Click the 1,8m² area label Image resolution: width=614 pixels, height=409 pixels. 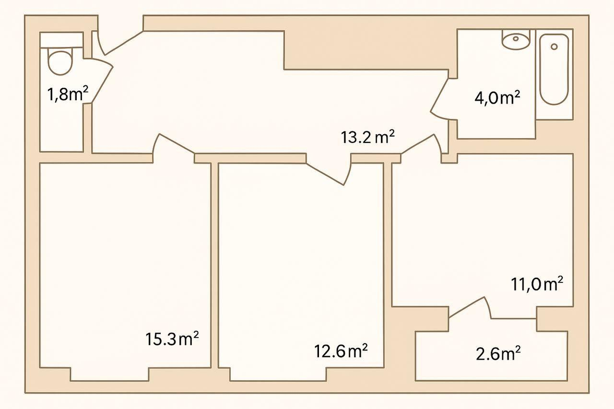(67, 94)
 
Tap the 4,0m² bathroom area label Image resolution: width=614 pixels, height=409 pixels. (497, 98)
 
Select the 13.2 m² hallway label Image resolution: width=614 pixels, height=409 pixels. (368, 138)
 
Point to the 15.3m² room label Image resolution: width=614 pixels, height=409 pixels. (172, 339)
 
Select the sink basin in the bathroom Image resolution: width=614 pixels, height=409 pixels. (516, 39)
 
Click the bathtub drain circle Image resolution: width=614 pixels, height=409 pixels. (554, 47)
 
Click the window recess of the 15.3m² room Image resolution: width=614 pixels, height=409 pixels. (109, 374)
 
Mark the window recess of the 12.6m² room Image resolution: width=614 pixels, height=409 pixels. (278, 374)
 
